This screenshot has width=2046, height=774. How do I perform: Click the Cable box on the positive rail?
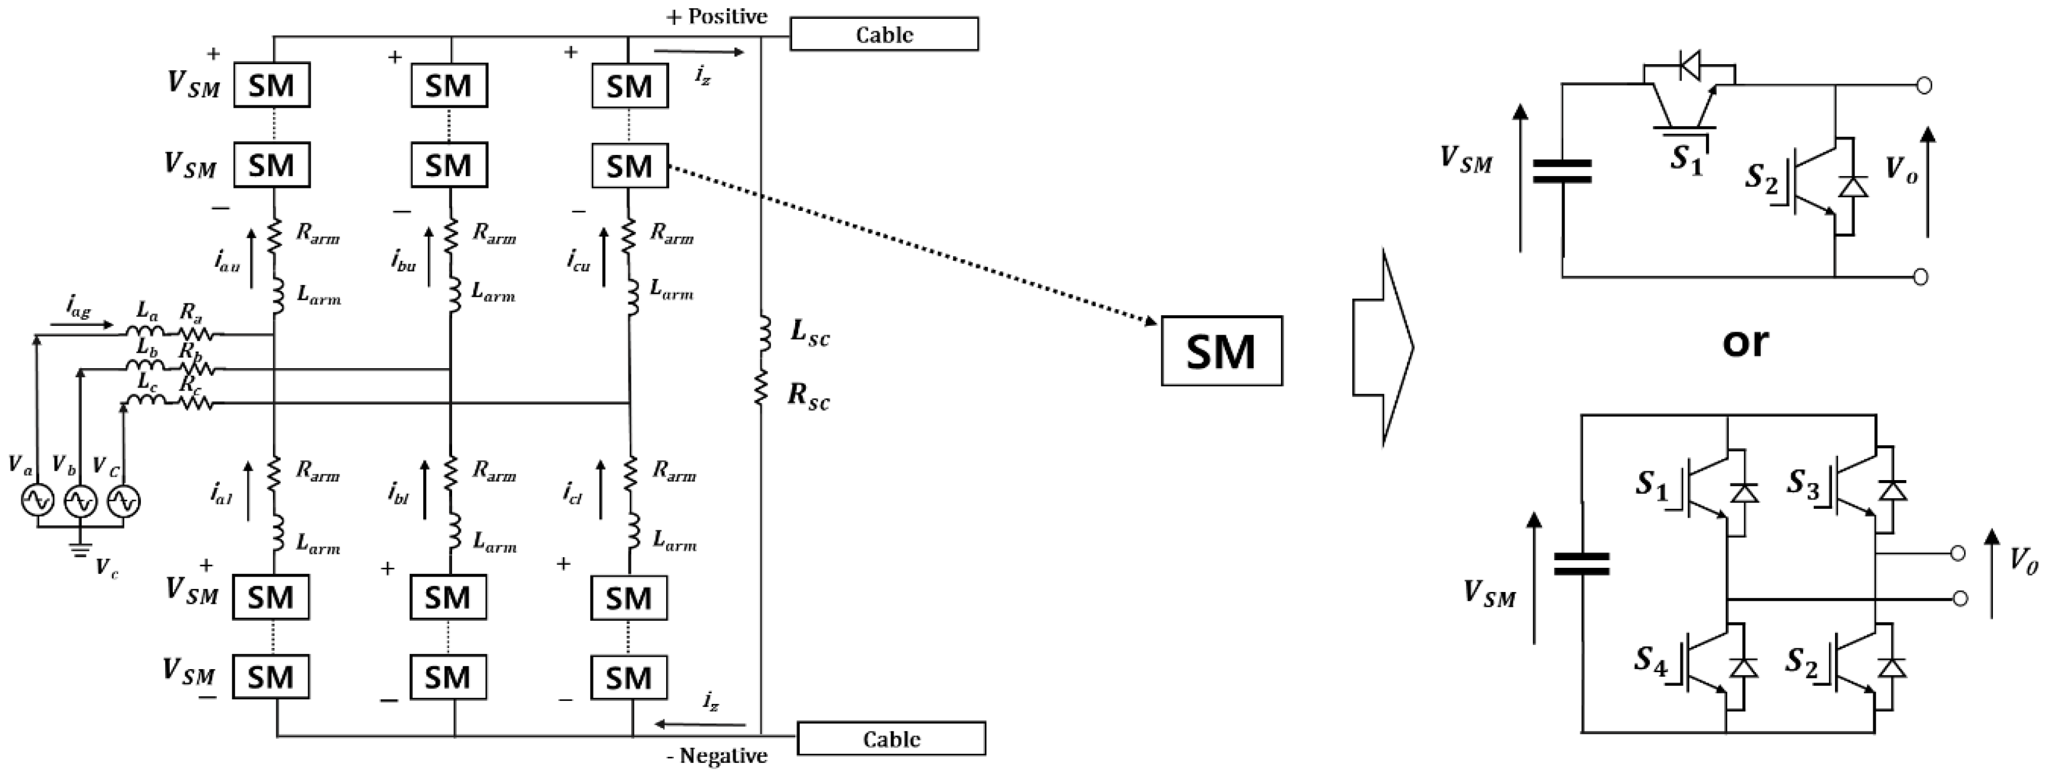pos(883,34)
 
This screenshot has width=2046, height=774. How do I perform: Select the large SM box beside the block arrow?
pos(1221,352)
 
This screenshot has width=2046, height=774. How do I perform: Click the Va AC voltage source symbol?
pos(37,501)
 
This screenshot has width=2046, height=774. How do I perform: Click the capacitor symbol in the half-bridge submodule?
pos(1561,171)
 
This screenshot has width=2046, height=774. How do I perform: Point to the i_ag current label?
pos(78,307)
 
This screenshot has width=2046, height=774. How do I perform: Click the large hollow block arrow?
pos(1382,348)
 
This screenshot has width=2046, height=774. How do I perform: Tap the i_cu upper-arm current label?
pos(578,260)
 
